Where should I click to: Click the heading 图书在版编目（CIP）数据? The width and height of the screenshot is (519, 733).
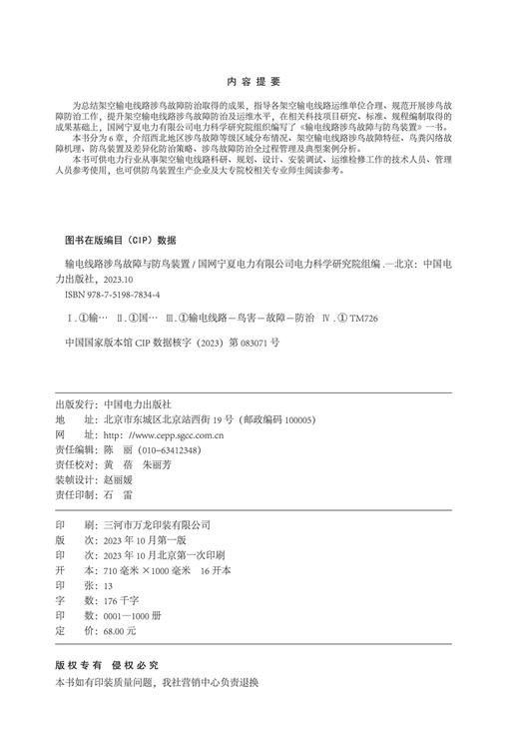point(119,240)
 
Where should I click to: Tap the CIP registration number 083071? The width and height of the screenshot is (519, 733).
point(247,342)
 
